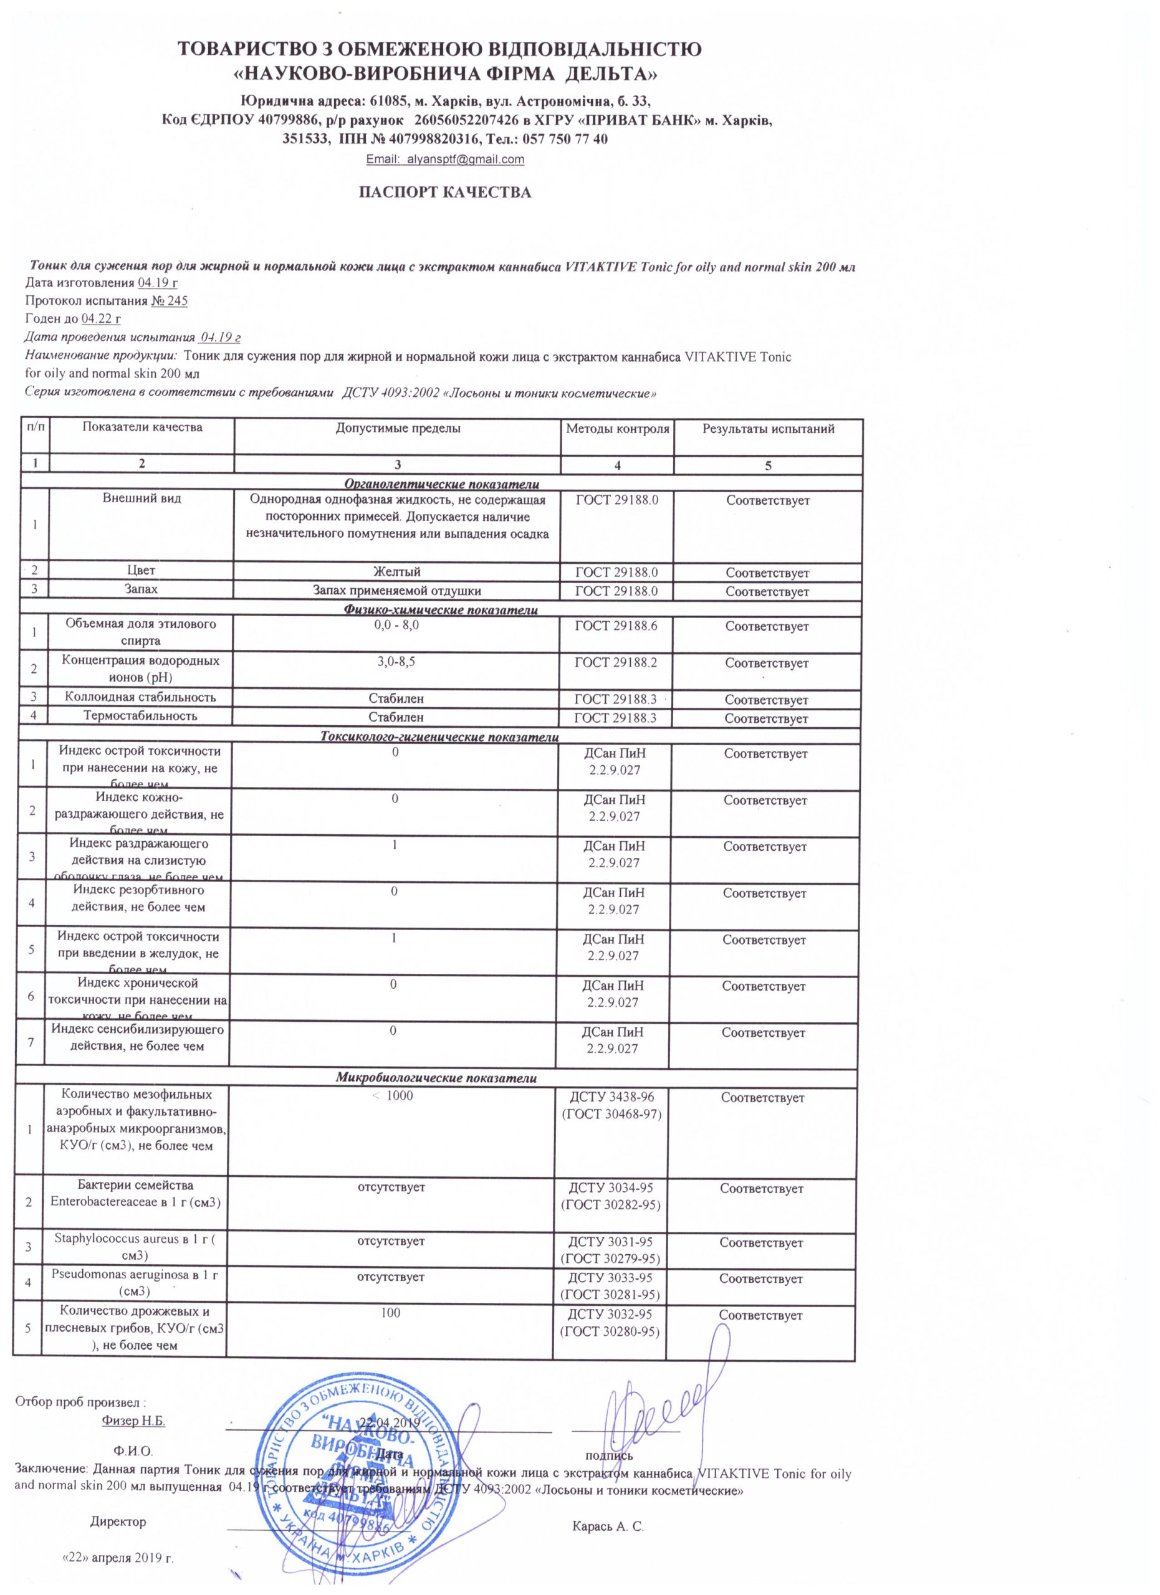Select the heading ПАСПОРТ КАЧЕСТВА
[445, 192]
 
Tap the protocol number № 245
[170, 301]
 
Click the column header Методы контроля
[617, 428]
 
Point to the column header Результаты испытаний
[768, 428]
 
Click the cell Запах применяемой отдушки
[398, 591]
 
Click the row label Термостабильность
[140, 716]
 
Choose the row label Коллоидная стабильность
[140, 697]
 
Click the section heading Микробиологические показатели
[436, 1077]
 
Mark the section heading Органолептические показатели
[441, 484]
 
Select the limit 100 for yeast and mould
[390, 1312]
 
